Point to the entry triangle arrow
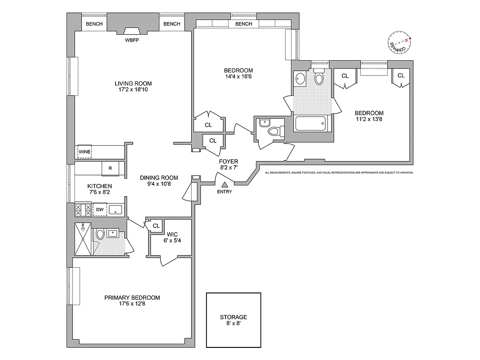click(224, 184)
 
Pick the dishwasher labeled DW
click(99, 209)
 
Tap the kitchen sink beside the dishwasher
click(116, 209)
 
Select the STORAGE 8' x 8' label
click(233, 320)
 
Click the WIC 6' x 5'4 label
click(172, 238)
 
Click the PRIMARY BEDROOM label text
click(132, 297)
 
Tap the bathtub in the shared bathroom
click(310, 123)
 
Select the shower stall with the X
click(83, 238)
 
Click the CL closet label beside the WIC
click(156, 225)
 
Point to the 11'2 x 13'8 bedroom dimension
click(368, 119)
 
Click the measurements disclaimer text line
click(339, 172)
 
